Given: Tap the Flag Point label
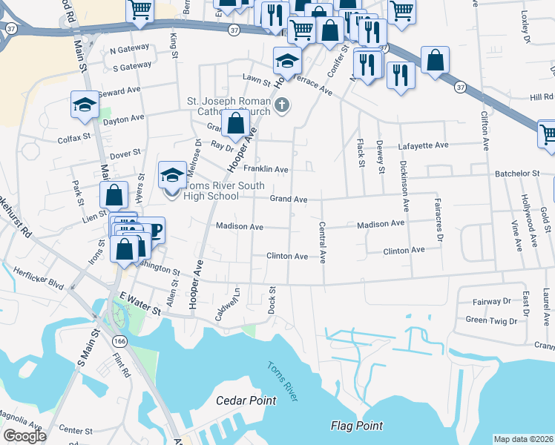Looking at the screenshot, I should (x=356, y=426).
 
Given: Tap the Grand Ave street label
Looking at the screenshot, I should (x=288, y=200).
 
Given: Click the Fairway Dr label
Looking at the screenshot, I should (x=492, y=302).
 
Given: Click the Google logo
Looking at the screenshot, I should (x=24, y=436).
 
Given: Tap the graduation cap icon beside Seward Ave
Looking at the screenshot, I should (x=85, y=104).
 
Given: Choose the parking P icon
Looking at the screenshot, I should (x=155, y=230).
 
